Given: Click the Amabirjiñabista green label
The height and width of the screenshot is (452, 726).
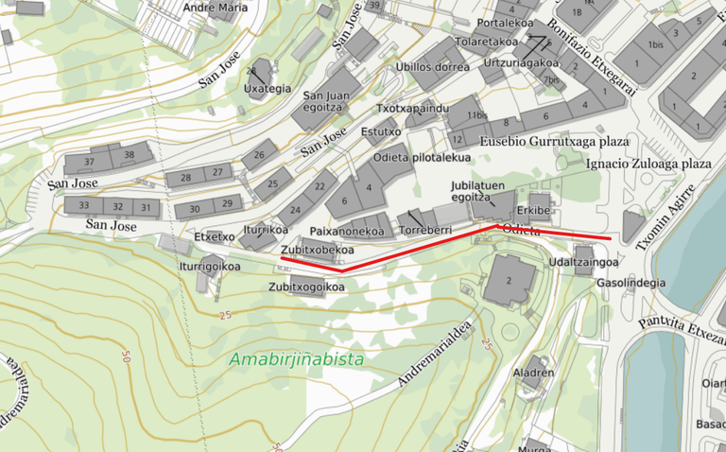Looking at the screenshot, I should point(296,359).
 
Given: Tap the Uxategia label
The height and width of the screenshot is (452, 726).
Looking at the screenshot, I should point(268,89).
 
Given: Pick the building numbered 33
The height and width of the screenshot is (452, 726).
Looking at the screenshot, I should point(84,205).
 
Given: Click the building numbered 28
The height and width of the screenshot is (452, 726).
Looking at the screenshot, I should point(185,178).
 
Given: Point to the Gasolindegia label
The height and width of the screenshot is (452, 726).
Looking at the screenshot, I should point(631,282).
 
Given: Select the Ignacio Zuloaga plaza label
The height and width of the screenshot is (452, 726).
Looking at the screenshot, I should point(648,164).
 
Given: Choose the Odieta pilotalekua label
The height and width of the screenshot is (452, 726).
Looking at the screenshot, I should point(422,157).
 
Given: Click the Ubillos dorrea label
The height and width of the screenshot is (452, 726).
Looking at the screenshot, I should point(432,66).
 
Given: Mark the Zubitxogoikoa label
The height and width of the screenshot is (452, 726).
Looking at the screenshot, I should point(305,286).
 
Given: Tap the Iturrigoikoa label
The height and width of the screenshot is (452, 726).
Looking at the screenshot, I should point(210,266).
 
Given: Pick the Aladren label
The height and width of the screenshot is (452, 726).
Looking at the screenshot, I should point(532,373).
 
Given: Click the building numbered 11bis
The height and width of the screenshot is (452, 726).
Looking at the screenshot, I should point(475,115).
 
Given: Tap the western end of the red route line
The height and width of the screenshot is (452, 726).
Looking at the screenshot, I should point(281,256).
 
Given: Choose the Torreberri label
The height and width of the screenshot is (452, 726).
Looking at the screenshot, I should point(425,230).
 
